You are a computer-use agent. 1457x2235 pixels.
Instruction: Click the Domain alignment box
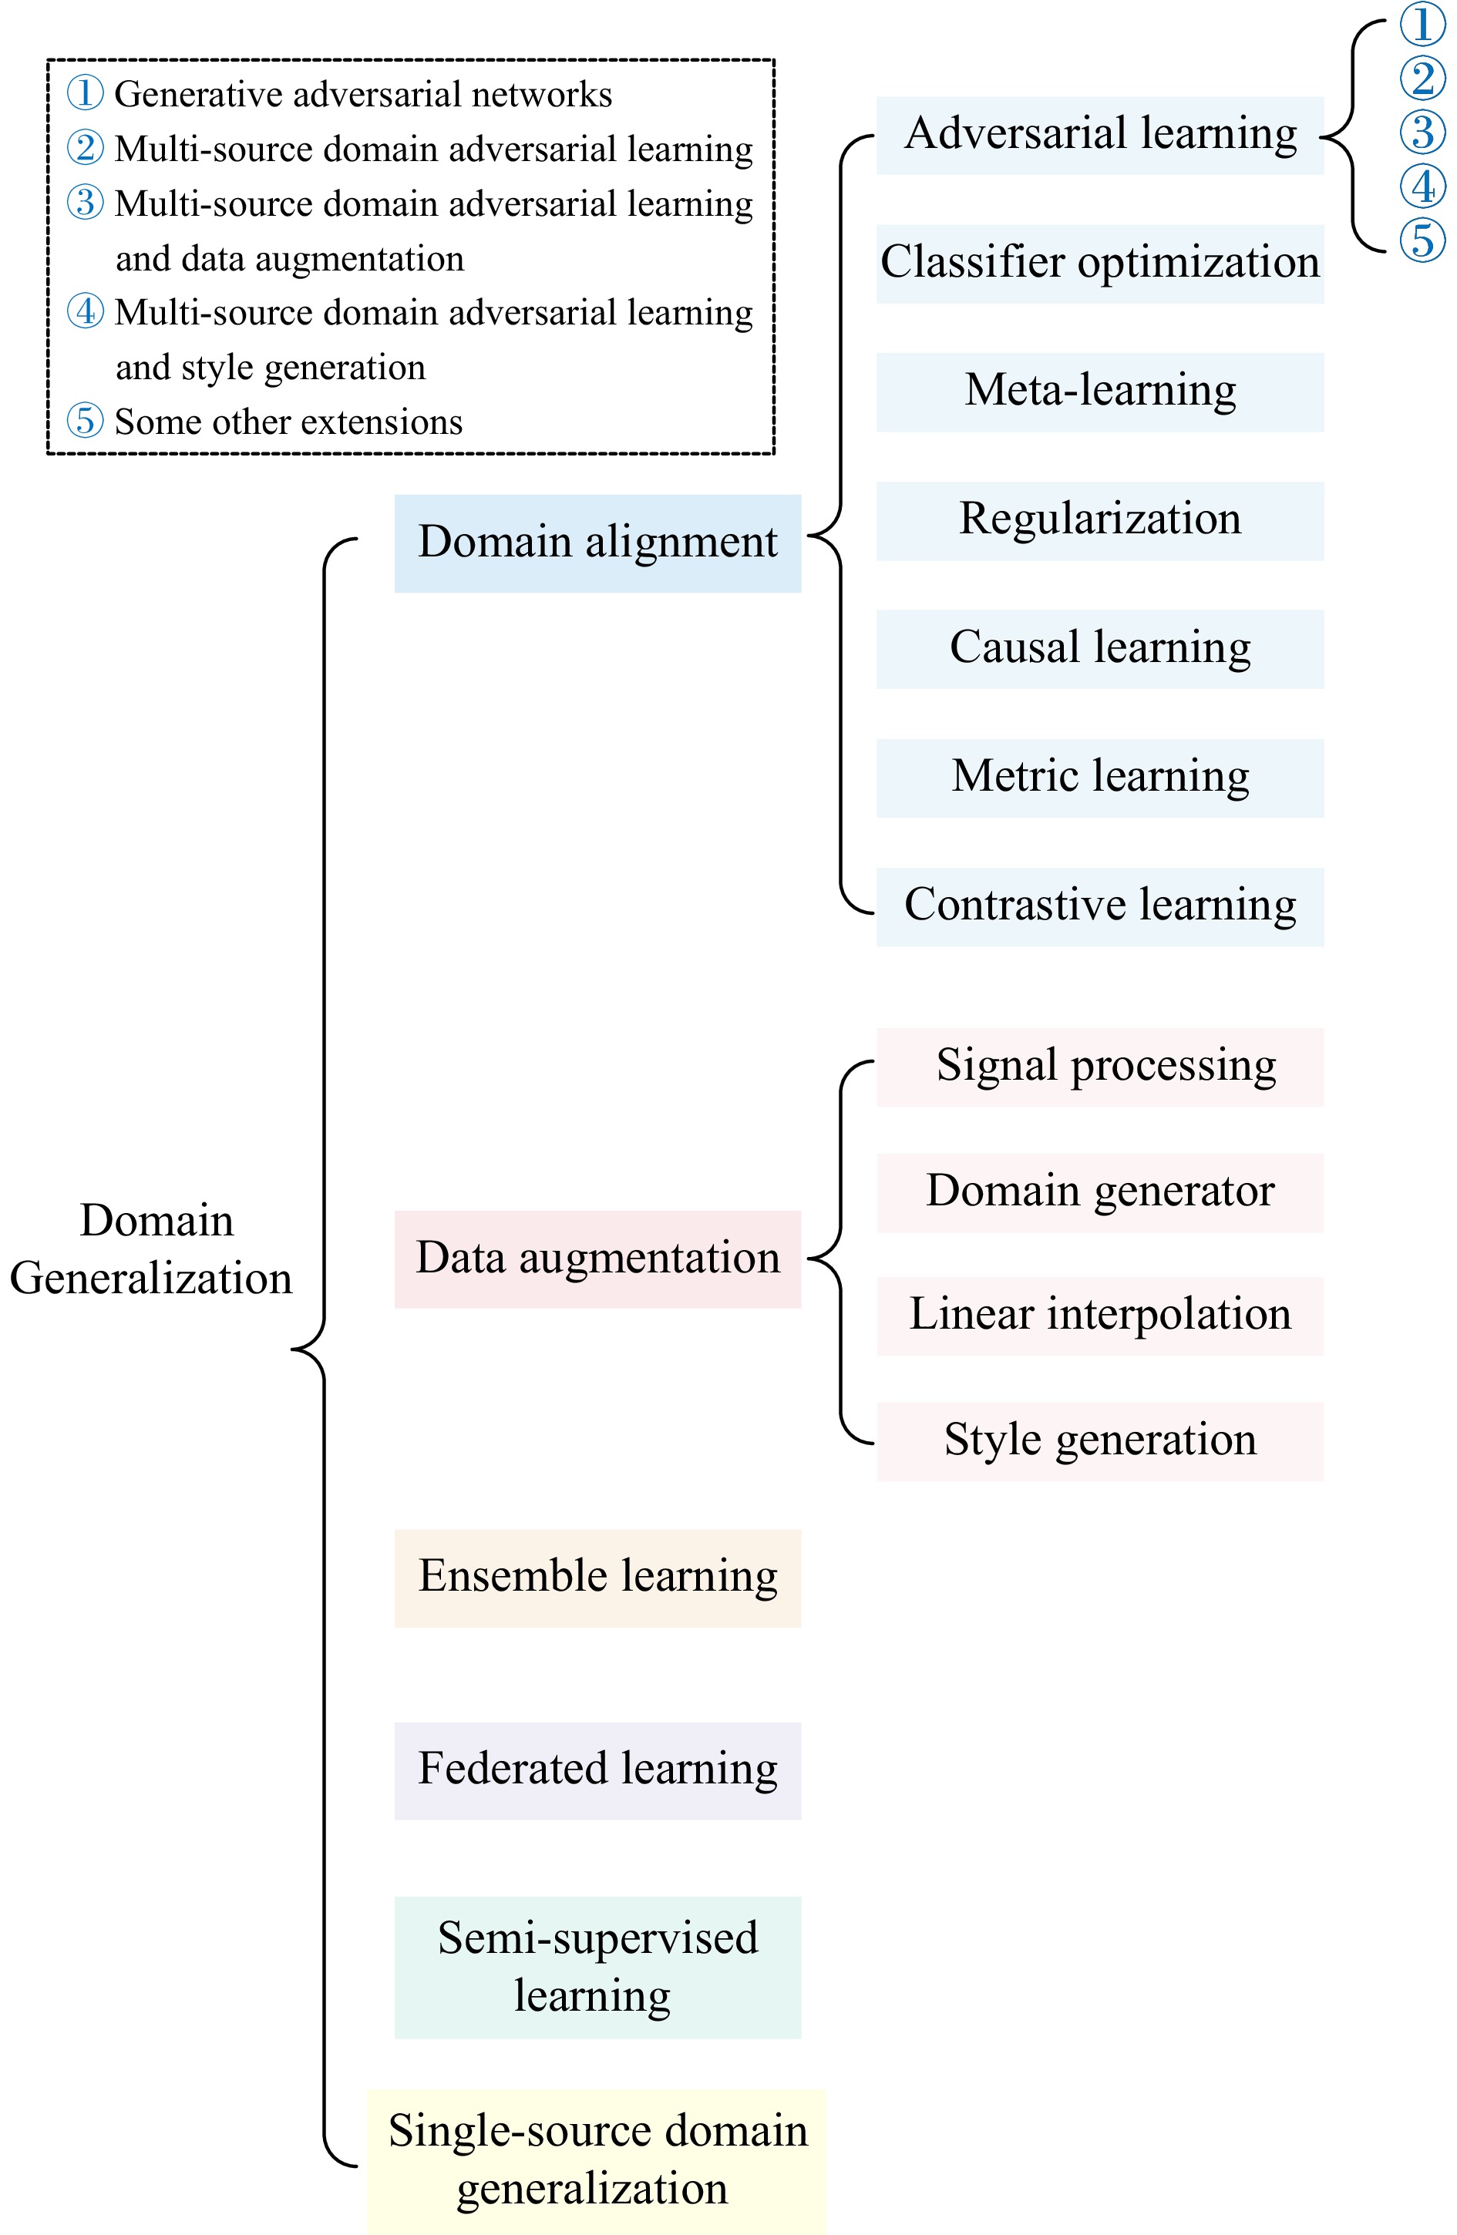[597, 543]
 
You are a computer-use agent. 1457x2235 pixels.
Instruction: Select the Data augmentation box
[597, 1259]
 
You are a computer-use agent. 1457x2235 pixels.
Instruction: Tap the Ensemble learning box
[597, 1577]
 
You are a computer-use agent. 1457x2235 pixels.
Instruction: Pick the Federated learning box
[597, 1770]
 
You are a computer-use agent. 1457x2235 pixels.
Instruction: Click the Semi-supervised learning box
[597, 1967]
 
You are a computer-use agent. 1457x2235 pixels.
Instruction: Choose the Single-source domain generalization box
[597, 2160]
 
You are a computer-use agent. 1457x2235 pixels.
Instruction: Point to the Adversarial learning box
[1100, 134]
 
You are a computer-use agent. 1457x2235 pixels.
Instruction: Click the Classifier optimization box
[1100, 263]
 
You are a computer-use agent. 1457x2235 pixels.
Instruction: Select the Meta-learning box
[1100, 392]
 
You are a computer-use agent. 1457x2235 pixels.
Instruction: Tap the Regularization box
[1100, 520]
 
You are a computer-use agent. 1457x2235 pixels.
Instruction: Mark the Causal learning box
[1100, 649]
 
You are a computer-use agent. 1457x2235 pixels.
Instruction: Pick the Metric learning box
[1100, 778]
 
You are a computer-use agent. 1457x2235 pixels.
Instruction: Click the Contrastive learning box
[1100, 906]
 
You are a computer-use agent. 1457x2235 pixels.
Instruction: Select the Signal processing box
[1100, 1067]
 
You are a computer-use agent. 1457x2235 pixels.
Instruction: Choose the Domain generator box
[1100, 1191]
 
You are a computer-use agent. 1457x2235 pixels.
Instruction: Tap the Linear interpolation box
[1100, 1315]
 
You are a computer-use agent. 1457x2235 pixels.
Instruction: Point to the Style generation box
[1100, 1440]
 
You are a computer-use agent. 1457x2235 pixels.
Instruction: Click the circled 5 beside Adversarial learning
[1422, 240]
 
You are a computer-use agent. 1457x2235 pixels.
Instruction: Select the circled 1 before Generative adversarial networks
[85, 93]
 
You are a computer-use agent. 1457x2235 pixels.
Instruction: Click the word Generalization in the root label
[151, 1279]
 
